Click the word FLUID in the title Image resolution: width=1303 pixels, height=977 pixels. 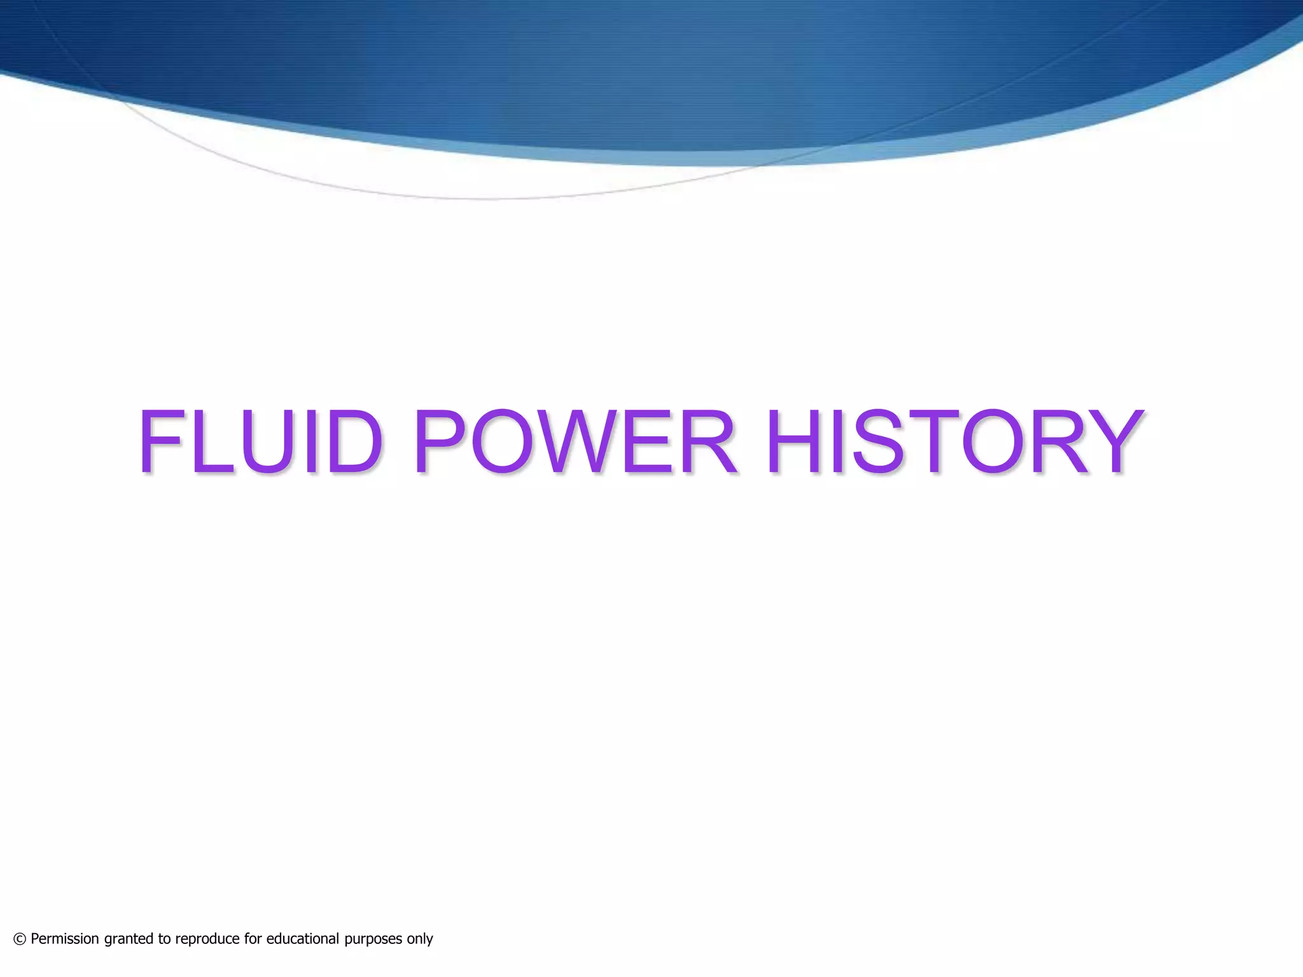(261, 442)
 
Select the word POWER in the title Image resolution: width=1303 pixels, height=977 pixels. (575, 442)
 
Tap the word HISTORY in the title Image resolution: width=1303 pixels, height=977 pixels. (954, 442)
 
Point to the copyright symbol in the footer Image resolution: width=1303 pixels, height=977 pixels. (20, 939)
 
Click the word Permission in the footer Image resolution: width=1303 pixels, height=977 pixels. (65, 939)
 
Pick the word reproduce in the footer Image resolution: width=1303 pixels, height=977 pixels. (207, 939)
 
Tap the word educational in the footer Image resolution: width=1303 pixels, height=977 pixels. (303, 939)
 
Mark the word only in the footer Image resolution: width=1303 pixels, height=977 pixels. (420, 939)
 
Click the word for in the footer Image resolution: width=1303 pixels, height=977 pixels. (253, 939)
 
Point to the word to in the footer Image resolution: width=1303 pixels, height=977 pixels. (165, 939)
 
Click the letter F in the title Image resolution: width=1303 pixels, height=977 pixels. (160, 442)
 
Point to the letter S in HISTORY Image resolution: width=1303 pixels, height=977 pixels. (879, 442)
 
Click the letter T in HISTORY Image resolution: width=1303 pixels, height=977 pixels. (934, 442)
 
